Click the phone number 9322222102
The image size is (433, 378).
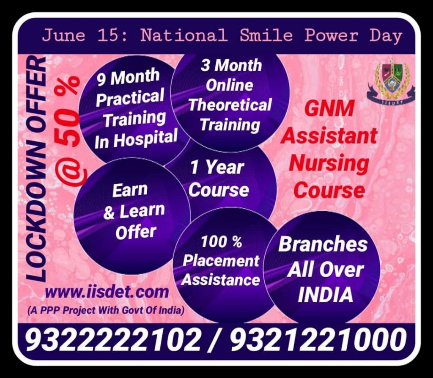click(x=113, y=339)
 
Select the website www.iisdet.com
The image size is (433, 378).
click(x=107, y=292)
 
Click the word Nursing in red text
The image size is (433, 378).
click(x=329, y=163)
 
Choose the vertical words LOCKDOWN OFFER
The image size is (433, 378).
click(x=36, y=169)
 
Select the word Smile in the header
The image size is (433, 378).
click(x=266, y=36)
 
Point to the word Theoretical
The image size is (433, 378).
click(x=230, y=105)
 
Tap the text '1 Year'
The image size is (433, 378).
click(x=217, y=168)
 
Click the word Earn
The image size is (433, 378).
click(x=130, y=190)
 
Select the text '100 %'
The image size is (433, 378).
click(x=221, y=242)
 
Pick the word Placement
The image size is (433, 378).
click(x=221, y=260)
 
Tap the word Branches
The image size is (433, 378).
click(x=323, y=245)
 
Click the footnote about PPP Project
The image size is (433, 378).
click(x=106, y=310)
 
